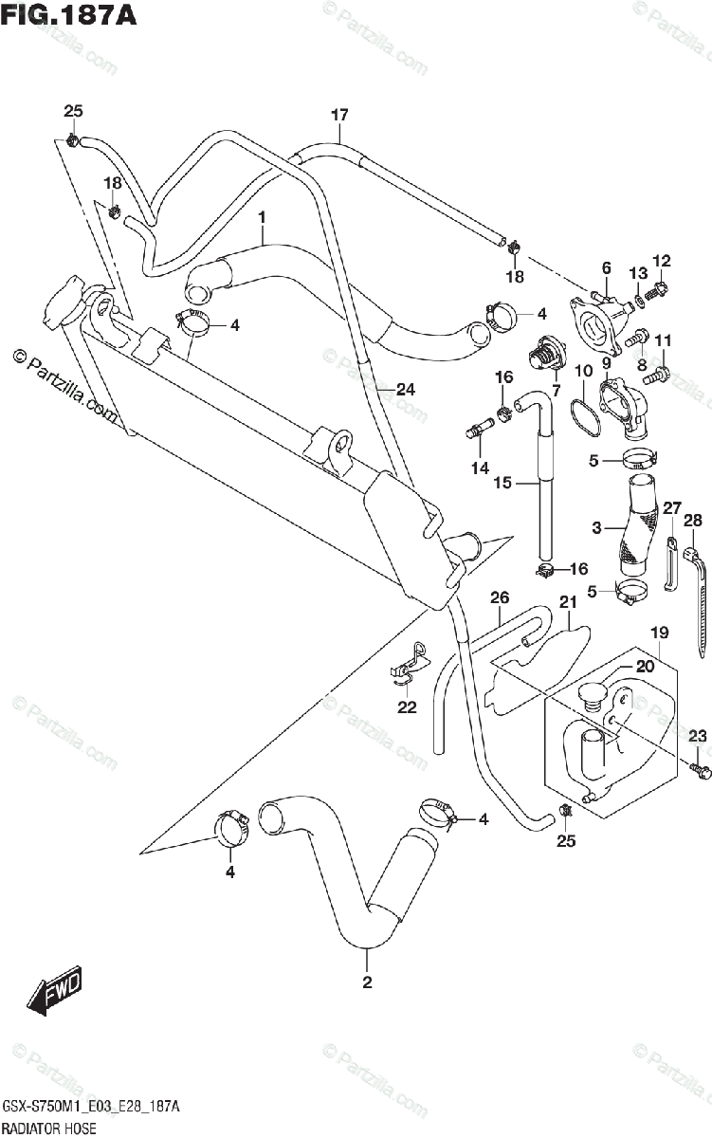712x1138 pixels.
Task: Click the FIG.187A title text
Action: (x=68, y=18)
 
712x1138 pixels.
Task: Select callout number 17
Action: (x=339, y=116)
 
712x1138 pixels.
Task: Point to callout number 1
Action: (x=263, y=219)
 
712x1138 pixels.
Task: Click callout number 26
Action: (x=500, y=597)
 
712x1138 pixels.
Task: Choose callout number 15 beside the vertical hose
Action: (x=502, y=483)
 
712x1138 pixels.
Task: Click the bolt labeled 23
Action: (x=701, y=772)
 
